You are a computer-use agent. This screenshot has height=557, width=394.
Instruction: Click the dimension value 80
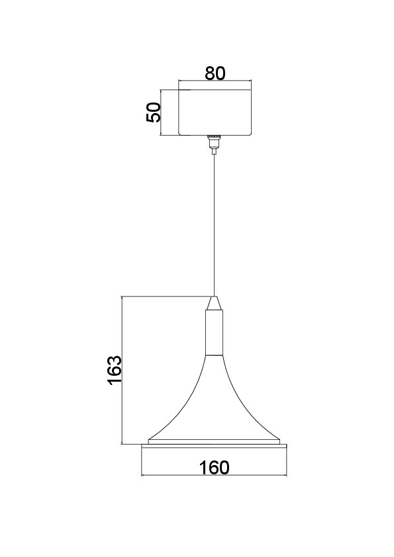[x=215, y=73]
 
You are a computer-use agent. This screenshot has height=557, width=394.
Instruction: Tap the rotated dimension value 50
[x=154, y=112]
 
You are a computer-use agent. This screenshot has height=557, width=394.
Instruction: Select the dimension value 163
[x=115, y=370]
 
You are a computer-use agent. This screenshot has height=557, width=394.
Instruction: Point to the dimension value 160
[x=214, y=468]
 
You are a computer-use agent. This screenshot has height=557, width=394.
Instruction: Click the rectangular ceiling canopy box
[x=215, y=112]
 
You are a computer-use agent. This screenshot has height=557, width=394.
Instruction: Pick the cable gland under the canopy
[x=214, y=144]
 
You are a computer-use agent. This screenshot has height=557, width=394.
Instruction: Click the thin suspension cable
[x=214, y=225]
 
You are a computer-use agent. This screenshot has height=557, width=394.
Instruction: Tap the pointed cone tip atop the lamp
[x=214, y=303]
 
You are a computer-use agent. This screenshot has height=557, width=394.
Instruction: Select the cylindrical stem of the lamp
[x=214, y=333]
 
